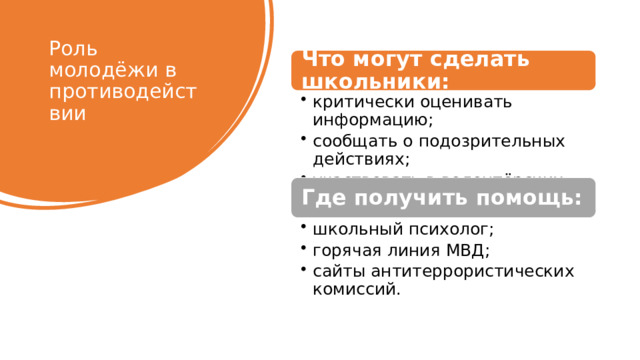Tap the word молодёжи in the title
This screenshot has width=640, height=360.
[100, 70]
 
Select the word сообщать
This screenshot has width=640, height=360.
[349, 140]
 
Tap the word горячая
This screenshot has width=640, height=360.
[347, 251]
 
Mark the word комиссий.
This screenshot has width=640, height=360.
[356, 290]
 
